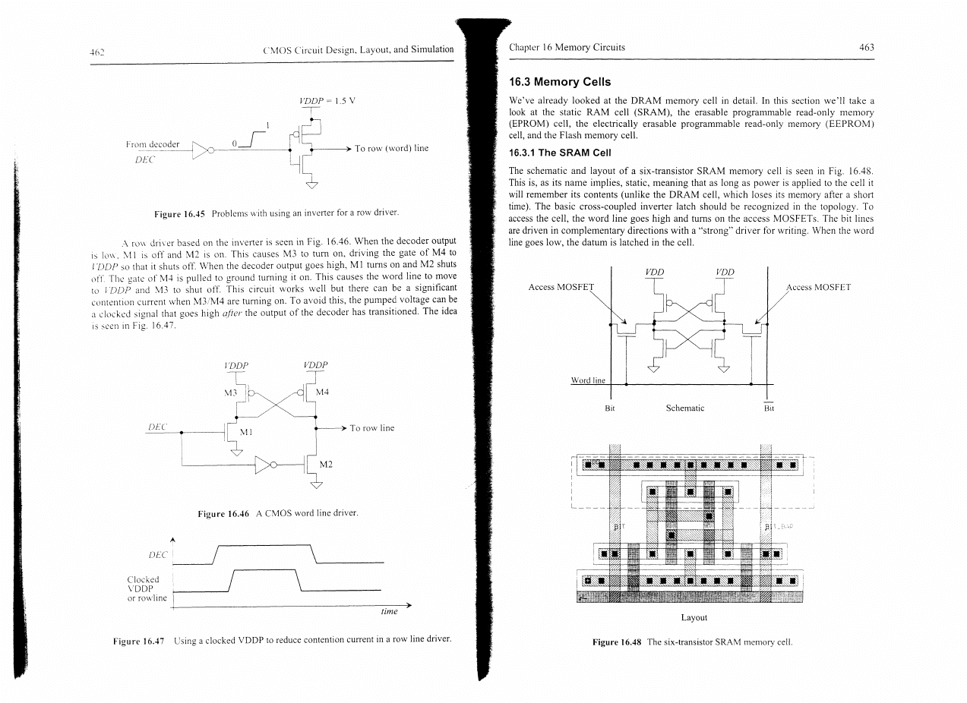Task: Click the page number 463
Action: [x=867, y=47]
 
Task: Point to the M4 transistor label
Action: [x=322, y=392]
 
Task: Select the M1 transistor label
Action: [x=245, y=432]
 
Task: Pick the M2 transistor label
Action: [x=326, y=464]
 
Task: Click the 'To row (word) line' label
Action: [x=391, y=148]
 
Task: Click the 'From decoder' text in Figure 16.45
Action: [x=153, y=143]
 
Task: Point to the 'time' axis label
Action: [x=390, y=612]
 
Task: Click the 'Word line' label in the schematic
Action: [x=588, y=380]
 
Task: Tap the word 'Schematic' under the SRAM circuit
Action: [x=684, y=408]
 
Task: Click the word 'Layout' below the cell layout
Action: [x=694, y=617]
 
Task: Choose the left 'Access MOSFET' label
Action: [x=560, y=287]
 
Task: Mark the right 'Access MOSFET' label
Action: [x=818, y=287]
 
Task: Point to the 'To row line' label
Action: [x=371, y=428]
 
